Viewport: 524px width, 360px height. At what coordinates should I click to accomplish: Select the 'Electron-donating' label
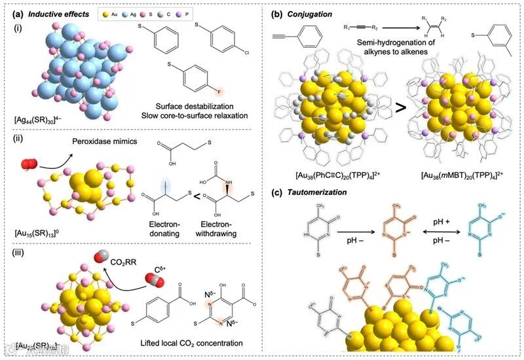[160, 228]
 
